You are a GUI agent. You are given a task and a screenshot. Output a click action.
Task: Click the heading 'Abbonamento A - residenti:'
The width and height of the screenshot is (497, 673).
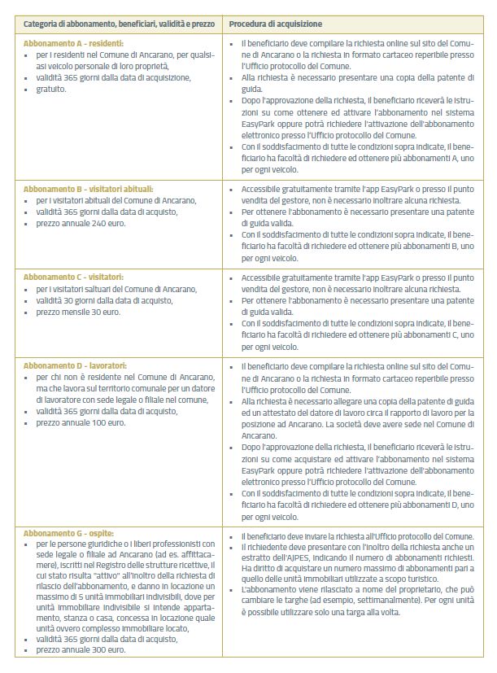point(73,42)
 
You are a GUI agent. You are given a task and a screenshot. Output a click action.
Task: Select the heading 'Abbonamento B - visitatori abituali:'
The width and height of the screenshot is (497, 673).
point(88,188)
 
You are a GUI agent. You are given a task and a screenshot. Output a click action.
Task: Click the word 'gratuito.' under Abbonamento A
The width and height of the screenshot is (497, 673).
point(52,89)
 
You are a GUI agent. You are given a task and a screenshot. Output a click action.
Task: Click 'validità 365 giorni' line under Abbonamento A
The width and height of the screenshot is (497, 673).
point(113,77)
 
